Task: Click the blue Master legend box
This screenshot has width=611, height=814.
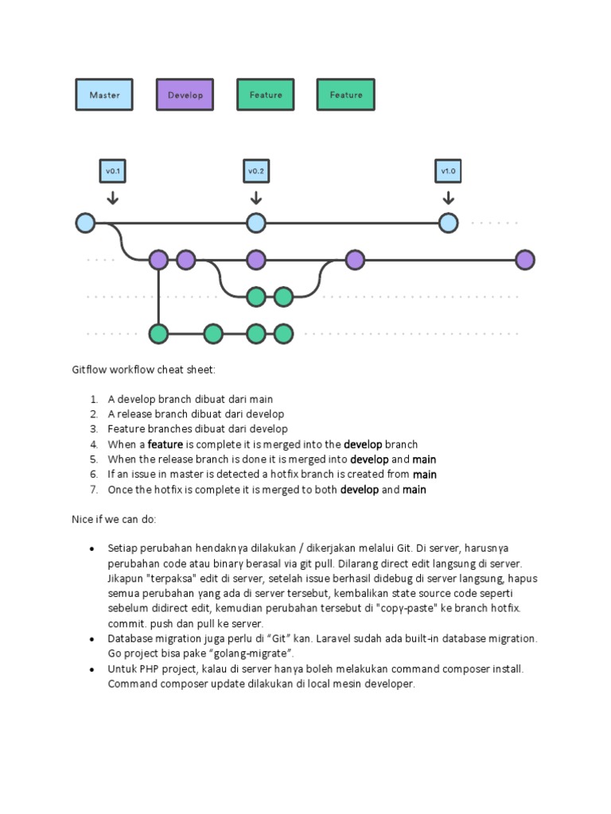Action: coord(104,95)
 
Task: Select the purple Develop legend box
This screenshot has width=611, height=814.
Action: coord(185,95)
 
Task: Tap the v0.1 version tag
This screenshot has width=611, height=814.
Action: coord(112,170)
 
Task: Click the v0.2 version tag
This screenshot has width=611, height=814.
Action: coord(255,170)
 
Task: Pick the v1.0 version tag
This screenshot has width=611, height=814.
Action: coord(449,170)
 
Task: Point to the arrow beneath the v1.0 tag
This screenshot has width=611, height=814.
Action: coord(449,197)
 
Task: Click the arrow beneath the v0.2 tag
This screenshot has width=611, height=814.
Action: coord(255,197)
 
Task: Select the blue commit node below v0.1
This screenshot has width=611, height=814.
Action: coord(85,223)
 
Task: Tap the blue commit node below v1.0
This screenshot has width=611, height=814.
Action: coord(449,223)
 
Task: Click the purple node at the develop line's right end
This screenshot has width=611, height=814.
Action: coord(524,260)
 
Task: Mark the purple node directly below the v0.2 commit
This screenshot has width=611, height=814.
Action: coord(255,260)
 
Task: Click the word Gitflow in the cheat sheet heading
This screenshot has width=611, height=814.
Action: coord(88,370)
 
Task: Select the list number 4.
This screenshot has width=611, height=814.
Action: coord(93,444)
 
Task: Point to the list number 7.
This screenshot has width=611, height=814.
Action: coord(93,490)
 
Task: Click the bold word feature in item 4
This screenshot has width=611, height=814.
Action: coord(165,444)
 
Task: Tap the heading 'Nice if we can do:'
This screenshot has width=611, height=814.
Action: coord(114,519)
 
